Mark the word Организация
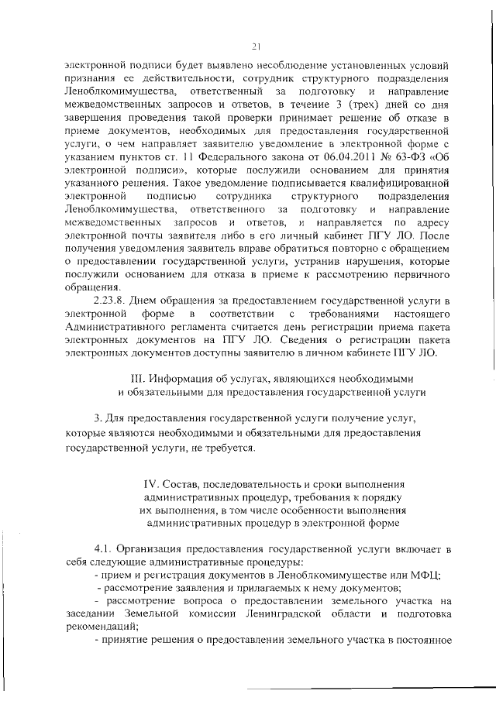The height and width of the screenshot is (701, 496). [159, 548]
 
